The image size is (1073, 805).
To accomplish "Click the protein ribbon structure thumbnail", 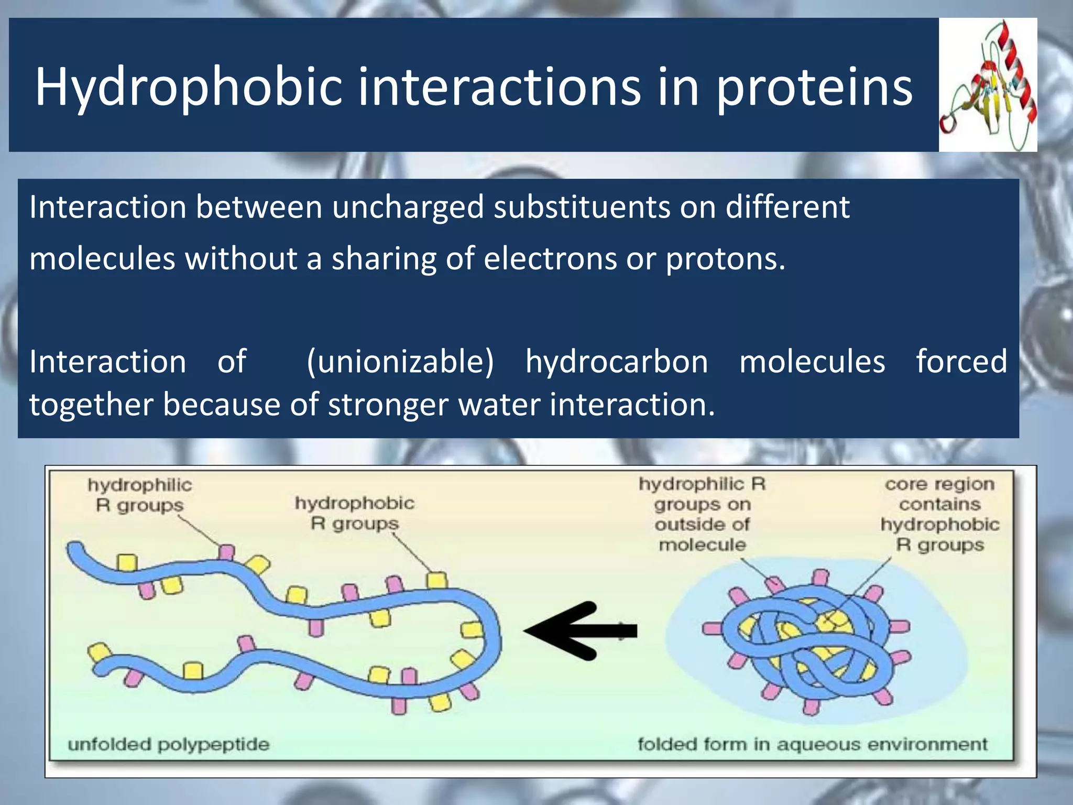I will click(988, 85).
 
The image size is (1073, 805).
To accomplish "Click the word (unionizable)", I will click(400, 362).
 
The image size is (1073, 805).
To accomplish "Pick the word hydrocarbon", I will click(617, 362).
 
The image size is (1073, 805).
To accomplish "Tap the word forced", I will click(961, 362).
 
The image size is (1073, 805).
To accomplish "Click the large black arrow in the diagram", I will click(579, 630).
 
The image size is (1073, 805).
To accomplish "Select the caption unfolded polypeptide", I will click(168, 744).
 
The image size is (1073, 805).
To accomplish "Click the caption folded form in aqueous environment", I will click(812, 744).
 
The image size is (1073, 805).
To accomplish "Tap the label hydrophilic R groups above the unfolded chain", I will click(139, 495).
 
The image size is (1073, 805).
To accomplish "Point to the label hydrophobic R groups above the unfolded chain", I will click(354, 513).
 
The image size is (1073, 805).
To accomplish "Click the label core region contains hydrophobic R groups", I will click(940, 514).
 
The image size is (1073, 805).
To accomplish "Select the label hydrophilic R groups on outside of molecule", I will click(702, 514).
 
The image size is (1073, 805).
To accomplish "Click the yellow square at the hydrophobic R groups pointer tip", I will click(436, 580).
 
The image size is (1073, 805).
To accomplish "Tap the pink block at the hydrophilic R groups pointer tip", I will click(226, 552).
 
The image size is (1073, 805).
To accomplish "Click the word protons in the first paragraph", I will click(725, 258).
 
